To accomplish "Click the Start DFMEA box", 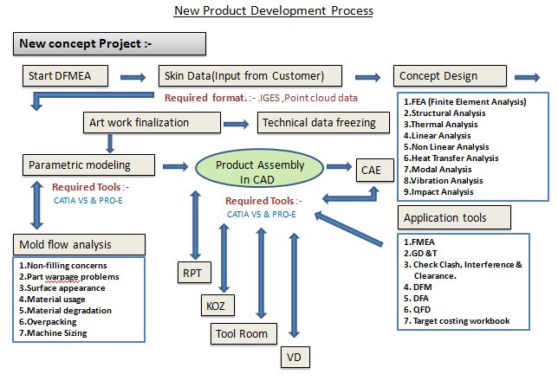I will click(64, 75).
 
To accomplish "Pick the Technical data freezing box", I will click(319, 123).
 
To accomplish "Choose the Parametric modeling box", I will click(79, 164).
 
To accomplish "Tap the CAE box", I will click(370, 171).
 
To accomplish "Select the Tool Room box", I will click(243, 333).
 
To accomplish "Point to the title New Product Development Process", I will click(273, 11).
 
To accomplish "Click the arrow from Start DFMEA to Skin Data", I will click(133, 77).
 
